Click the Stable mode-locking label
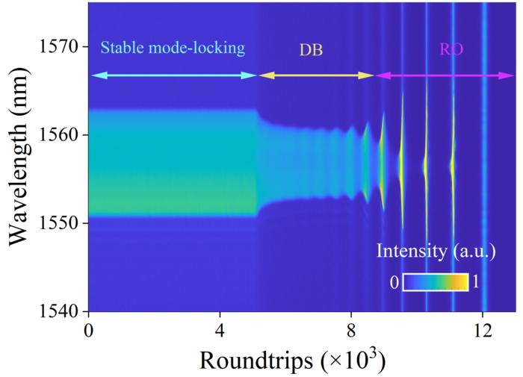point(173,49)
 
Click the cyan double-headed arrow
point(173,75)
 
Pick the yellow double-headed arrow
point(315,75)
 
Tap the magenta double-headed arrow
point(445,75)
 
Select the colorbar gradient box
point(436,282)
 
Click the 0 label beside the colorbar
point(394,283)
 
